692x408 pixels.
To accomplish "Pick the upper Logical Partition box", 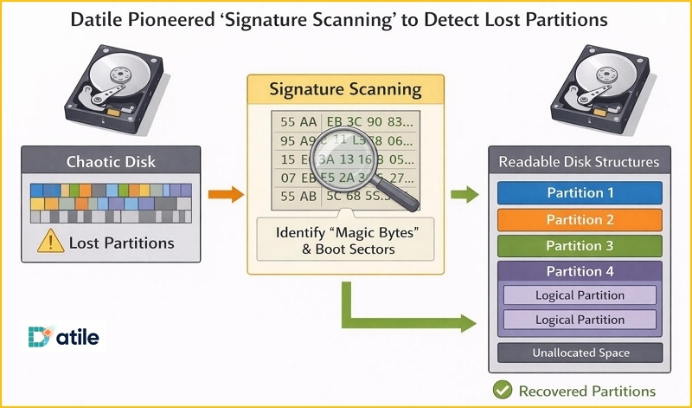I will click(x=580, y=295).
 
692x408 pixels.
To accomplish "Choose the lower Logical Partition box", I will click(x=580, y=320).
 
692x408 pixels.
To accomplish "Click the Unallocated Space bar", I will click(x=580, y=353).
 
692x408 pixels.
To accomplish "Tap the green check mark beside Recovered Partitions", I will click(x=500, y=391).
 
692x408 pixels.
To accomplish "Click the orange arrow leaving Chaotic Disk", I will click(x=227, y=194).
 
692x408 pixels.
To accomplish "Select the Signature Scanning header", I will click(x=345, y=90).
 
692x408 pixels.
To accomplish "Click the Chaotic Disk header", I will click(x=111, y=162).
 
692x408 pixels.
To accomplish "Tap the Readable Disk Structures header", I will click(x=580, y=162).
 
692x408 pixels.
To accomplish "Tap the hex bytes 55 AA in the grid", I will click(x=298, y=121).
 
